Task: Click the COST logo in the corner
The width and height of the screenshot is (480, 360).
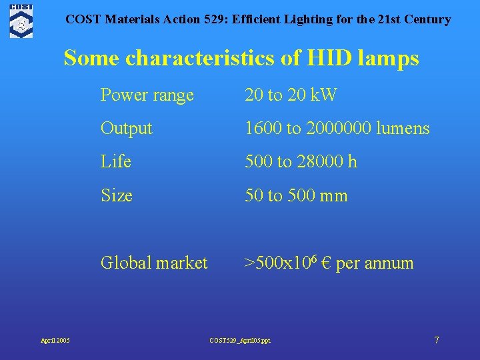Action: [21, 20]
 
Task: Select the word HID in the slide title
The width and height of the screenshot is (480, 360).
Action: [332, 58]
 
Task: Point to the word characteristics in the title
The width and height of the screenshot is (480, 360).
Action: [199, 58]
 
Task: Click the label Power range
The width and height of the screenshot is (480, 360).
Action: [147, 95]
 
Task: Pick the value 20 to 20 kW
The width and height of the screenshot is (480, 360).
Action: [291, 95]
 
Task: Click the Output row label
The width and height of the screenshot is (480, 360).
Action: [126, 128]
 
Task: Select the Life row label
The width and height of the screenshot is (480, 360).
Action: [115, 162]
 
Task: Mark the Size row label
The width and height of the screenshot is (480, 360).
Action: [116, 196]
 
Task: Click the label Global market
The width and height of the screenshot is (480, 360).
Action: [154, 263]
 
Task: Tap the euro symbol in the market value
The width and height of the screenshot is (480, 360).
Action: [326, 263]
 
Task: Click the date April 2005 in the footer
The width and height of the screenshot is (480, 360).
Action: [55, 341]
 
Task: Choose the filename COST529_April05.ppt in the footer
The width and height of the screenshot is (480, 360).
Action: [240, 341]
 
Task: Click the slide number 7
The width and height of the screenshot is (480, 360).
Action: [437, 340]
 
